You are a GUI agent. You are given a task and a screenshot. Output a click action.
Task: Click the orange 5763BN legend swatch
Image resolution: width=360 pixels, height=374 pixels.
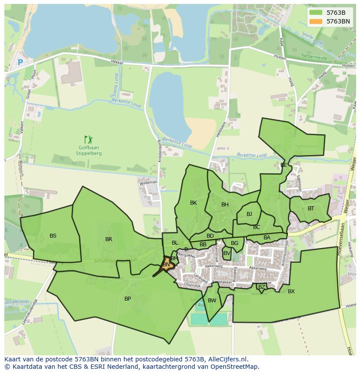[x=316, y=21]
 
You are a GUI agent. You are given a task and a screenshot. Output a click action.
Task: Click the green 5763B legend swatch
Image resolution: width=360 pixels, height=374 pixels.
[x=316, y=13]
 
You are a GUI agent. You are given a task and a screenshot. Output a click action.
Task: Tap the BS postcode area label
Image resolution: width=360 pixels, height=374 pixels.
[x=53, y=236]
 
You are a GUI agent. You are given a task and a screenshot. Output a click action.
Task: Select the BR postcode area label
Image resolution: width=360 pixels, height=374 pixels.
[x=109, y=239]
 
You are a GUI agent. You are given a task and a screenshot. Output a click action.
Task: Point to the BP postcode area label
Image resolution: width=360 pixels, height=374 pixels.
[x=127, y=299]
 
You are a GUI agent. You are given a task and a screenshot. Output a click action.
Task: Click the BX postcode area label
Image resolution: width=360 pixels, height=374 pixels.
[x=291, y=291]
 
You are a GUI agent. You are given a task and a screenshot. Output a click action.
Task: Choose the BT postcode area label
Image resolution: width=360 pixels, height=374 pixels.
[x=311, y=209]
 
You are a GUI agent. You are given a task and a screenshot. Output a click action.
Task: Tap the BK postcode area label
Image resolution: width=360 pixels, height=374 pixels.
[x=193, y=203]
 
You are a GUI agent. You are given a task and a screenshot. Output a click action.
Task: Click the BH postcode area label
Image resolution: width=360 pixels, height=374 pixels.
[x=225, y=205]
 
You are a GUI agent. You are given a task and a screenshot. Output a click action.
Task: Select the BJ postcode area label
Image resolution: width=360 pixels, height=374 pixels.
[x=249, y=214]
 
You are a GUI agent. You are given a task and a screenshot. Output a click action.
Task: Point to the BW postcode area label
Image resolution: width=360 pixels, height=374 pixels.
[x=212, y=301]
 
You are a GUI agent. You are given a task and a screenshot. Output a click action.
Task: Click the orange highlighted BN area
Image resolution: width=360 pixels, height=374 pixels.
[x=166, y=265]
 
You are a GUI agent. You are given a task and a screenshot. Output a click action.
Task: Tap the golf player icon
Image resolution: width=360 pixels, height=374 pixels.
[x=89, y=139]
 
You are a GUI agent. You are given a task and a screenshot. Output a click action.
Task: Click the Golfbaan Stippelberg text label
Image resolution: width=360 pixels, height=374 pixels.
[x=89, y=150]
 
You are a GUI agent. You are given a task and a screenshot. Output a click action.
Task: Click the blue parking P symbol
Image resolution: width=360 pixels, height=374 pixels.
[x=20, y=63]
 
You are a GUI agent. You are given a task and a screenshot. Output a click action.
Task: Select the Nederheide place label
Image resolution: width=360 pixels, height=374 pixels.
[x=314, y=56]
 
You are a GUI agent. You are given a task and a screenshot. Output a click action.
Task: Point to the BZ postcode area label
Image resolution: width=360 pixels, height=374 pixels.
[x=261, y=287]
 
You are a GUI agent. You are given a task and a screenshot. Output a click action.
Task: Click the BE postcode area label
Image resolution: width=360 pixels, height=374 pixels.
[x=283, y=165]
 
